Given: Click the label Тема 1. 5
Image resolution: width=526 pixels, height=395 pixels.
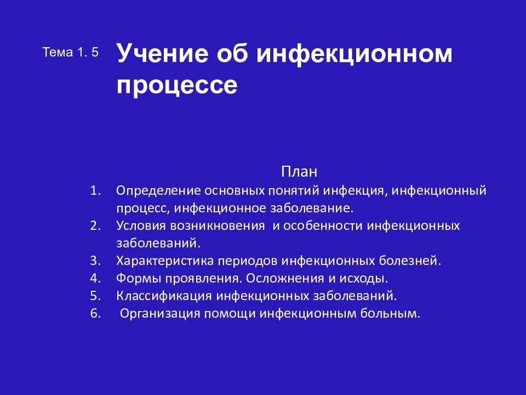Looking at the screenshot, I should point(70,53).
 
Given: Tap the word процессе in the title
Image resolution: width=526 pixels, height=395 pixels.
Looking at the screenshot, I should point(176,86).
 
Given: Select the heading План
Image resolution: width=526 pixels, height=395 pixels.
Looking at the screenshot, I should point(299,171).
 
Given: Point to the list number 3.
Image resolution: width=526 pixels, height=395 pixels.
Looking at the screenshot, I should point(96,261).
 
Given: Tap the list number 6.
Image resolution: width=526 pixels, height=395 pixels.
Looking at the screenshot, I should point(96,314).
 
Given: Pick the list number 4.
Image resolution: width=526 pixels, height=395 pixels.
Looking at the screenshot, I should point(96,278).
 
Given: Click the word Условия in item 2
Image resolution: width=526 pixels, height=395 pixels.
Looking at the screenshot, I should point(140,225).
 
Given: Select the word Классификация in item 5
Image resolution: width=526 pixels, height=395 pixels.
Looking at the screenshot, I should point(164,296).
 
